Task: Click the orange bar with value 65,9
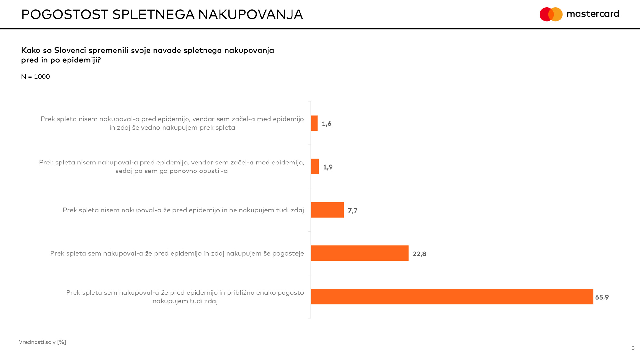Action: [452, 297]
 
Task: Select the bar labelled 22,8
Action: [360, 253]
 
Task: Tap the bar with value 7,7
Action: [327, 210]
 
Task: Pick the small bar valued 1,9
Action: [315, 166]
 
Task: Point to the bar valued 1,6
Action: [314, 123]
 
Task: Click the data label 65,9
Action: [602, 297]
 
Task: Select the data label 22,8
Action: [419, 254]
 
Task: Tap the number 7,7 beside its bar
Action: [353, 211]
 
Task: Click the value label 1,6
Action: [326, 124]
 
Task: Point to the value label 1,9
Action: [328, 167]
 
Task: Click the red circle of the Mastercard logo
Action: [545, 14]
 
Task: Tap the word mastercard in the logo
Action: [593, 14]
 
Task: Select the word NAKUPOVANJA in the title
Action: [250, 14]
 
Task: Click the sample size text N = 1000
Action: [36, 77]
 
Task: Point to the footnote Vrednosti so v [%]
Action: [43, 342]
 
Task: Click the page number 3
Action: [633, 348]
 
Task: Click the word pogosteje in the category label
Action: [288, 253]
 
